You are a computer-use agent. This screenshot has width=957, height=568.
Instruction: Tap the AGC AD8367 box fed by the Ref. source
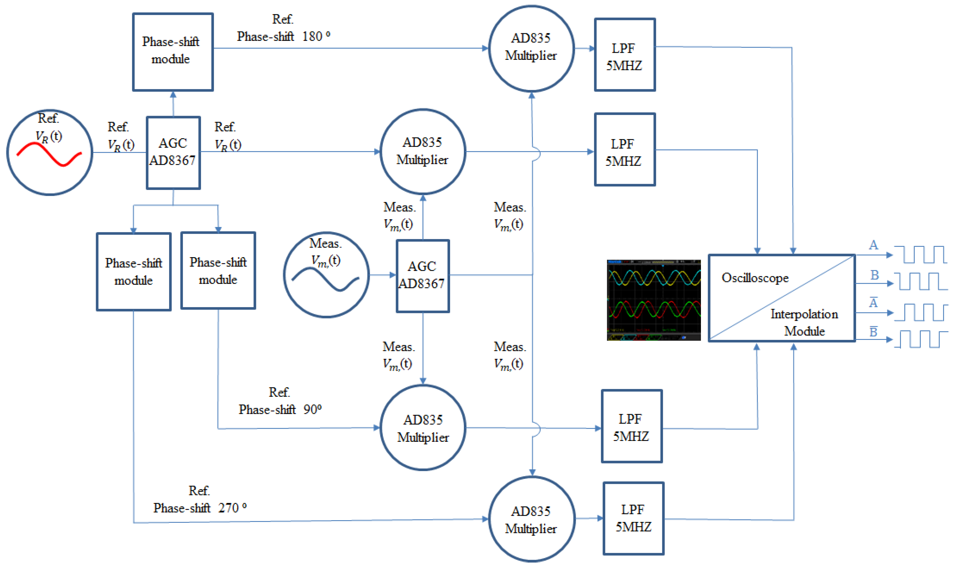click(x=173, y=152)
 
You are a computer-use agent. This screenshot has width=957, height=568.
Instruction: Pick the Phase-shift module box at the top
click(x=173, y=52)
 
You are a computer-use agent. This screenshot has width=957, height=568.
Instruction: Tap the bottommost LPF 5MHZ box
click(x=633, y=518)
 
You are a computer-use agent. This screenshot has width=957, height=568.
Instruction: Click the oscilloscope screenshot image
click(x=654, y=300)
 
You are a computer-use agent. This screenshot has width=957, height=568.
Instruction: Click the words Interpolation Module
click(x=804, y=322)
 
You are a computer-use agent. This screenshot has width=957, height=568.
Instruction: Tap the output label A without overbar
click(x=873, y=245)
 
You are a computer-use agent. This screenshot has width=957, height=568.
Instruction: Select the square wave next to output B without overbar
click(x=923, y=281)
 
